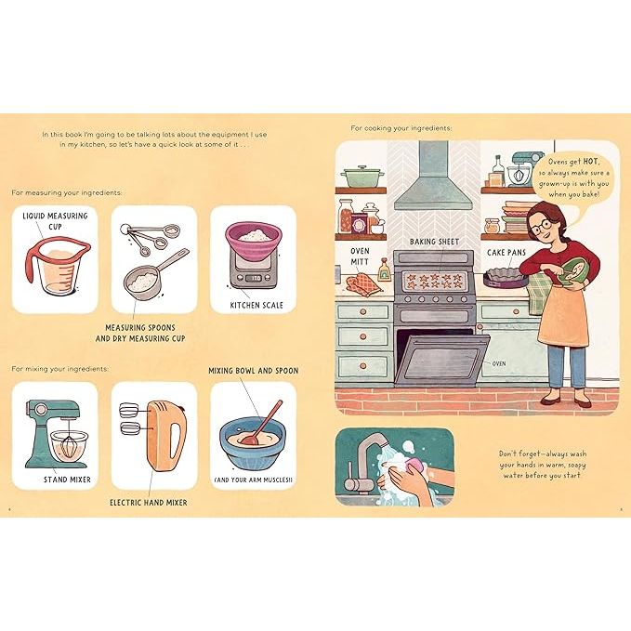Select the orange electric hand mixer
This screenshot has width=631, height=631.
pyautogui.click(x=162, y=441)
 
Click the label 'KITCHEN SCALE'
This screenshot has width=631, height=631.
pyautogui.click(x=252, y=305)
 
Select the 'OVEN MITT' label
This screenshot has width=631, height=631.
pyautogui.click(x=361, y=256)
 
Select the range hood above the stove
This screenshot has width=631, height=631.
pyautogui.click(x=433, y=177)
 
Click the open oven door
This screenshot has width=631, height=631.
pyautogui.click(x=441, y=358)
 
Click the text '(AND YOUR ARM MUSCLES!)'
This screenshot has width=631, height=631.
pyautogui.click(x=254, y=480)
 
